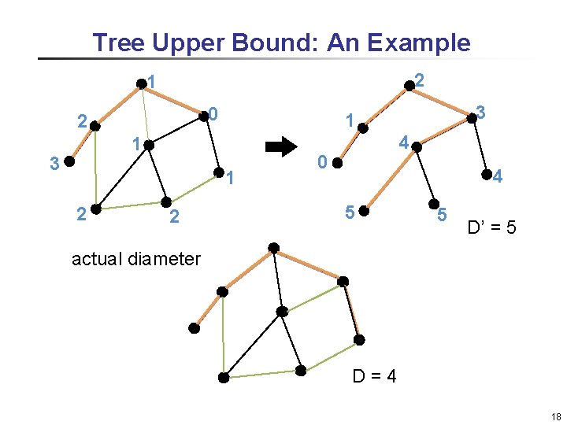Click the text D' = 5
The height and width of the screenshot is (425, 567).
pyautogui.click(x=491, y=229)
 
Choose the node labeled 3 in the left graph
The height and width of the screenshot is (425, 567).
pyautogui.click(x=69, y=163)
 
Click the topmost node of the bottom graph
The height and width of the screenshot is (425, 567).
pyautogui.click(x=272, y=249)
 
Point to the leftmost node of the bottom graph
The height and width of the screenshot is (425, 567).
pyautogui.click(x=195, y=326)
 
